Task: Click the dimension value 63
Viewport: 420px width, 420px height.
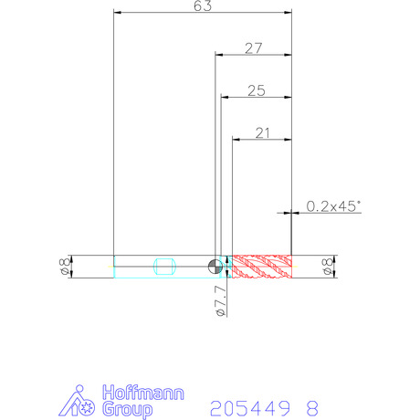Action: click(x=203, y=5)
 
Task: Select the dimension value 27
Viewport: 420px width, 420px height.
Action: click(x=254, y=48)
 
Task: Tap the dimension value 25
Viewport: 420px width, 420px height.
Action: click(x=257, y=90)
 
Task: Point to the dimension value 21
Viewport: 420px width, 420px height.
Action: click(x=262, y=133)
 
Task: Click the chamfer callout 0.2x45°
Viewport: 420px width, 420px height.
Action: click(x=333, y=206)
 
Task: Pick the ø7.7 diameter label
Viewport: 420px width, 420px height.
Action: click(x=221, y=300)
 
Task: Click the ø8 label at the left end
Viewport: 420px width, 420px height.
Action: click(x=65, y=267)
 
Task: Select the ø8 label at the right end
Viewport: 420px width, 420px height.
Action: click(x=328, y=267)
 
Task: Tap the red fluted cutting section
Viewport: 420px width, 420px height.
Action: click(x=262, y=267)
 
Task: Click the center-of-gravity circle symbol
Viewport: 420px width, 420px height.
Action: click(x=215, y=267)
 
